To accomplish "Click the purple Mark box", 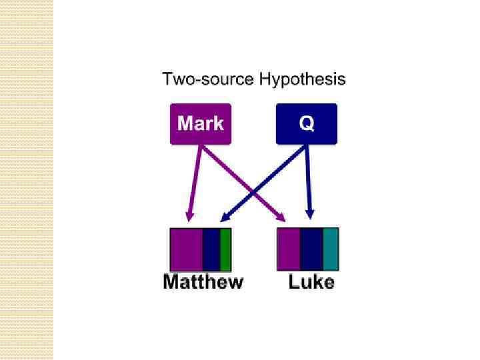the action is [x=201, y=124].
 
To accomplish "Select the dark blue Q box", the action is [x=306, y=124].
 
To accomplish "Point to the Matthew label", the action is [x=203, y=282].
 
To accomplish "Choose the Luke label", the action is [x=311, y=282].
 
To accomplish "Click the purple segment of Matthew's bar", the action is [x=187, y=249].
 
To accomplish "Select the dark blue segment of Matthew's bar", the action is [x=211, y=249].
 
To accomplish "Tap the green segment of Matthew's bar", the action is [x=225, y=249].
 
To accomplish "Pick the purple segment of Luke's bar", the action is [x=289, y=249].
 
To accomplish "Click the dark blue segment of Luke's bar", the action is [x=311, y=249].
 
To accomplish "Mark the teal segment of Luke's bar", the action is [x=331, y=249].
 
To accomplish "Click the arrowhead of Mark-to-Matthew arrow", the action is [x=189, y=217].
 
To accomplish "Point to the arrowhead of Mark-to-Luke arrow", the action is [x=282, y=218].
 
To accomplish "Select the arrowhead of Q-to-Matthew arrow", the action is [x=225, y=217].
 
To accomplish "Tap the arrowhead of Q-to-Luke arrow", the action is [x=309, y=215].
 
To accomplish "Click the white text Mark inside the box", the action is [x=201, y=124].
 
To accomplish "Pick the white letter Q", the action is [x=306, y=124].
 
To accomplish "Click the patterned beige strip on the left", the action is [x=27, y=180].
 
